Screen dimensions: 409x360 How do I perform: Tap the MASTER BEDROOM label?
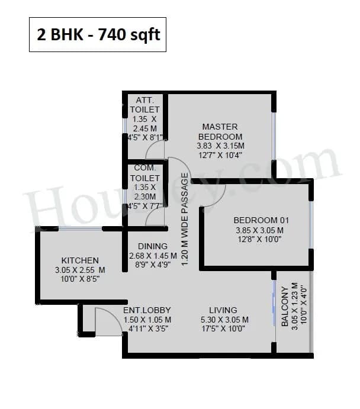[220, 131]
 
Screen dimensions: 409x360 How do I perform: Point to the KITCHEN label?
[80, 260]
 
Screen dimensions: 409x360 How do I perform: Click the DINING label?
[152, 246]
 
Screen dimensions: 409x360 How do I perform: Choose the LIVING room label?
[223, 310]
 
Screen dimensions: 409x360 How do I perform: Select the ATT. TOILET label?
[145, 104]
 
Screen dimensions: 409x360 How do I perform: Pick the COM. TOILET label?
[146, 173]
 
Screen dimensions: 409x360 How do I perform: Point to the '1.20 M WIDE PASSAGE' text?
[185, 219]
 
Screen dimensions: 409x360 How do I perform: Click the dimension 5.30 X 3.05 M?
[223, 320]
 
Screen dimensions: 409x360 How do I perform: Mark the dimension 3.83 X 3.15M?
[220, 146]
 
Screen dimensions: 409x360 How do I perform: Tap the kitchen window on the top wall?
[80, 228]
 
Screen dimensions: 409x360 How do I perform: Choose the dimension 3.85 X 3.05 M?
[258, 230]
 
